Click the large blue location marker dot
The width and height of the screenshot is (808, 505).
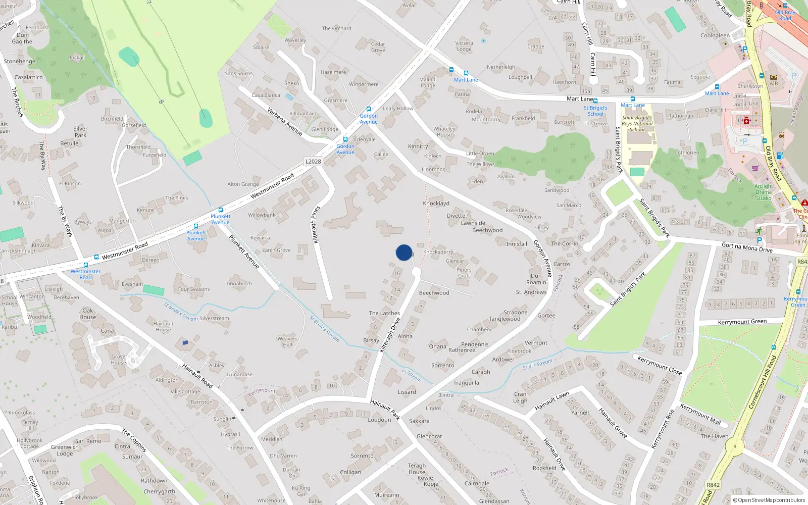(404, 252)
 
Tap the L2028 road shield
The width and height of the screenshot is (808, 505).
(313, 162)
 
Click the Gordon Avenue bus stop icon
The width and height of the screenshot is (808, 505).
(369, 109)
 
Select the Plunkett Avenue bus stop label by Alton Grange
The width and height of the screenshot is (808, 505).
(220, 219)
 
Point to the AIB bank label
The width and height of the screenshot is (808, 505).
(774, 84)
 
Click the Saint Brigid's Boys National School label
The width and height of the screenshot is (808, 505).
(637, 123)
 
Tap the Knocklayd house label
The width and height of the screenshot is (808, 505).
(436, 204)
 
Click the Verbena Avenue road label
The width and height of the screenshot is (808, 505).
(285, 122)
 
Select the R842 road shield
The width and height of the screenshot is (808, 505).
(713, 485)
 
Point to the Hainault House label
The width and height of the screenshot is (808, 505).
(163, 327)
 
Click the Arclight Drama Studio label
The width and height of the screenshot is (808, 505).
(764, 192)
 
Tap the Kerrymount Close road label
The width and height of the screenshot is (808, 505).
(660, 366)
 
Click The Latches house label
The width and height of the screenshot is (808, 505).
(384, 313)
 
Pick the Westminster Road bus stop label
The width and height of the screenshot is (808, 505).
(85, 274)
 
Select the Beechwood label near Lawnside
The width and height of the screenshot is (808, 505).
(487, 230)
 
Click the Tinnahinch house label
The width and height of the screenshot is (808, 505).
(239, 284)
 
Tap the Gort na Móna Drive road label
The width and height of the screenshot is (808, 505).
(747, 247)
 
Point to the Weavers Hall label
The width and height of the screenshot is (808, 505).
(287, 342)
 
